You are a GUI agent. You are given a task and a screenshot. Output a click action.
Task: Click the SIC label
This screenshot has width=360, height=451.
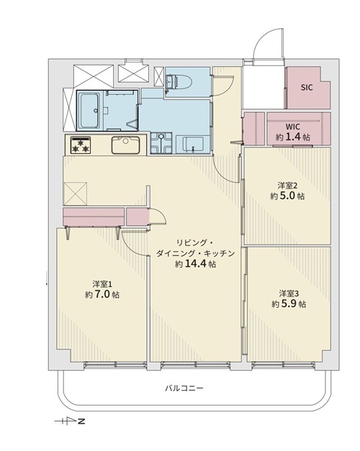(307, 88)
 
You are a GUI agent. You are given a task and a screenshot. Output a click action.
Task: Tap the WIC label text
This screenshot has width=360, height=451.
(292, 127)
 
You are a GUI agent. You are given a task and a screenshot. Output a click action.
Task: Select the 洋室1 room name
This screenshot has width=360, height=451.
(102, 284)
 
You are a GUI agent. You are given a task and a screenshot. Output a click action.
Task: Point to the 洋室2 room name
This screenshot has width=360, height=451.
(287, 186)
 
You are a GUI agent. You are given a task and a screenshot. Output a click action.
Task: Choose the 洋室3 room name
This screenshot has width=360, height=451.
(289, 293)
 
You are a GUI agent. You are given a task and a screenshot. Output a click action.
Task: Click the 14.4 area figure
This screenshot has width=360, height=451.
(196, 264)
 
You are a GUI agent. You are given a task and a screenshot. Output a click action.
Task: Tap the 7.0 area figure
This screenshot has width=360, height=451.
(102, 295)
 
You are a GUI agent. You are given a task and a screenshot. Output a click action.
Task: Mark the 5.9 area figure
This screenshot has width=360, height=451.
(289, 304)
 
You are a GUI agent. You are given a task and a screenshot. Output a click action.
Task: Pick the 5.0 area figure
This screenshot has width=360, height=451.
(287, 196)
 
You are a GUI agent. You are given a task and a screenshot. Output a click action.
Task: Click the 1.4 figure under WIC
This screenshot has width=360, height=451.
(292, 137)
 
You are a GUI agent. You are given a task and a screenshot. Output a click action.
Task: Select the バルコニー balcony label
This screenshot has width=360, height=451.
(184, 388)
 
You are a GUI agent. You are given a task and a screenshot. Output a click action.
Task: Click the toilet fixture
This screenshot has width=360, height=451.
(179, 83)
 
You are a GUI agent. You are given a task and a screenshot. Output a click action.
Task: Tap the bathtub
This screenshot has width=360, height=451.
(89, 111)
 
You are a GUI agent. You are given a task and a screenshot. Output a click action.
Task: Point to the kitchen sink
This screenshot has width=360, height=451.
(125, 145)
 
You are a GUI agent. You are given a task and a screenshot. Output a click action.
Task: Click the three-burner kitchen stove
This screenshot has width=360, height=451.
(81, 145)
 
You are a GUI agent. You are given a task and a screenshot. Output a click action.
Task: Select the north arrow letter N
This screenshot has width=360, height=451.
(81, 422)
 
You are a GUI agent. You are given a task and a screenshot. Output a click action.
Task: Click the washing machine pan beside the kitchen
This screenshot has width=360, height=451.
(161, 143)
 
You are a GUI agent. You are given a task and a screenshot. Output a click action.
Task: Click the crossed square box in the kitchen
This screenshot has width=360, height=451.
(75, 193)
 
